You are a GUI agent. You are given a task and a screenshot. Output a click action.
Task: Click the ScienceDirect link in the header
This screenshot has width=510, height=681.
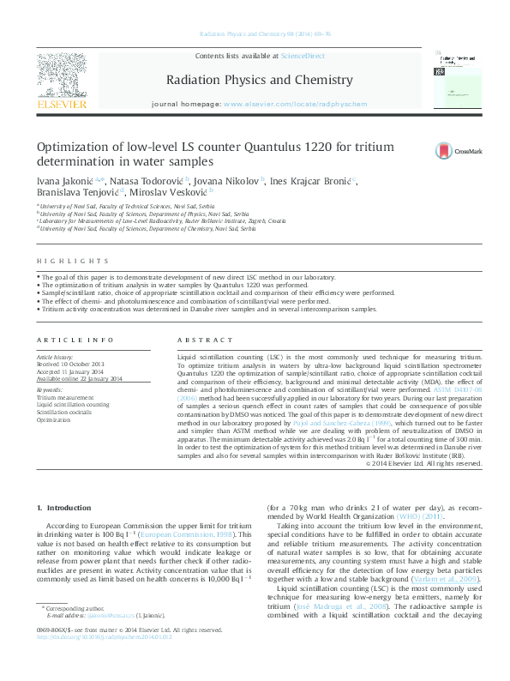tap(303, 55)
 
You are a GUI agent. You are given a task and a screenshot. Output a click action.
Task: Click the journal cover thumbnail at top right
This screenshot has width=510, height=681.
tap(453, 77)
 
